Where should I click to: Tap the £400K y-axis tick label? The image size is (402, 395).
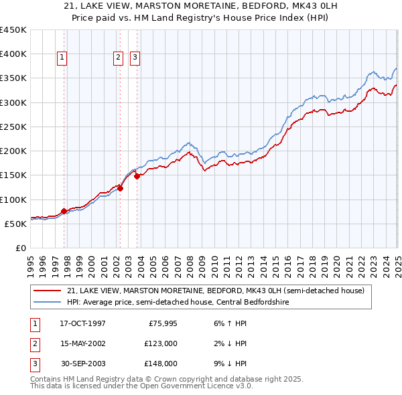[13, 54]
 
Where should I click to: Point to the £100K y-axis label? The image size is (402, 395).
[13, 200]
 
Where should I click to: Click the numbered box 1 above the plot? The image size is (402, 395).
[62, 58]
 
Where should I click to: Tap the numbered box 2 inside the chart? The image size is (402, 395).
[118, 58]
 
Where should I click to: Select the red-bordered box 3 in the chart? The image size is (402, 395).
[135, 58]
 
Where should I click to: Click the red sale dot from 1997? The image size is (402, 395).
[64, 211]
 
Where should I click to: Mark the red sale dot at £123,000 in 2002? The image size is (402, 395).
[121, 188]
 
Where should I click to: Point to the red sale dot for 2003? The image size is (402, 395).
[137, 176]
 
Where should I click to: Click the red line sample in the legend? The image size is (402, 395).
[48, 291]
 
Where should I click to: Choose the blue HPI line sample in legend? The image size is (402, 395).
[48, 301]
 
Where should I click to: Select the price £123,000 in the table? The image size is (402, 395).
[160, 343]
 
